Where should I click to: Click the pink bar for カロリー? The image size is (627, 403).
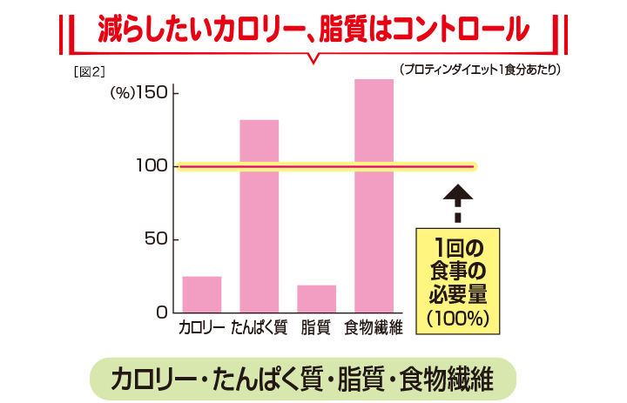(x=202, y=294)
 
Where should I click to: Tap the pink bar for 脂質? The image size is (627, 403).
(x=316, y=298)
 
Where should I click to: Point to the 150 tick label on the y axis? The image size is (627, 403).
(x=152, y=93)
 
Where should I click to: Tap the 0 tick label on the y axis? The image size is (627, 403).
(x=163, y=312)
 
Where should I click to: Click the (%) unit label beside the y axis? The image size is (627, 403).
(x=120, y=93)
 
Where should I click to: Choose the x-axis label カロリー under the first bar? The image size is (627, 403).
(x=201, y=328)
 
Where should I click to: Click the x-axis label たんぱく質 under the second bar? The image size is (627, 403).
(x=260, y=328)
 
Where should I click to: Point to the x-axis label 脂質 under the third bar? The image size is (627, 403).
(x=316, y=328)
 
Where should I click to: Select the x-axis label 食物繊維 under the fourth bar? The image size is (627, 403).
(x=374, y=328)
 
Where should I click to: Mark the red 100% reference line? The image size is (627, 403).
(x=327, y=166)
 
